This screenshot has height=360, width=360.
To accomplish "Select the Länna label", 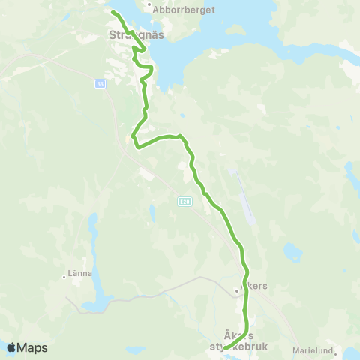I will coord(79,273).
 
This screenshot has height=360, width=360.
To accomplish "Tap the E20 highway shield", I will coord(184,201).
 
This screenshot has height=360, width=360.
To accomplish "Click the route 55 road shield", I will coord(100,85).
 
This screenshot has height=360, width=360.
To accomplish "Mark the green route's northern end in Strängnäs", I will coord(113,13).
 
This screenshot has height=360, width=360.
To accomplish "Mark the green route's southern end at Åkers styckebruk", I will coord(226,347).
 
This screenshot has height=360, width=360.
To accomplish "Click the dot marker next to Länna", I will coord(64,275).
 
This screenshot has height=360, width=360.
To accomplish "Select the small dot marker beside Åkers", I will coord(236,289).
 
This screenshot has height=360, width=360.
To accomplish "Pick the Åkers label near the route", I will coord(255,286).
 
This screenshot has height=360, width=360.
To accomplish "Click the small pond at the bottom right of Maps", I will coord(135,349).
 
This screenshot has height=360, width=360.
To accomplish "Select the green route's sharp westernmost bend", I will coord(133,136).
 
